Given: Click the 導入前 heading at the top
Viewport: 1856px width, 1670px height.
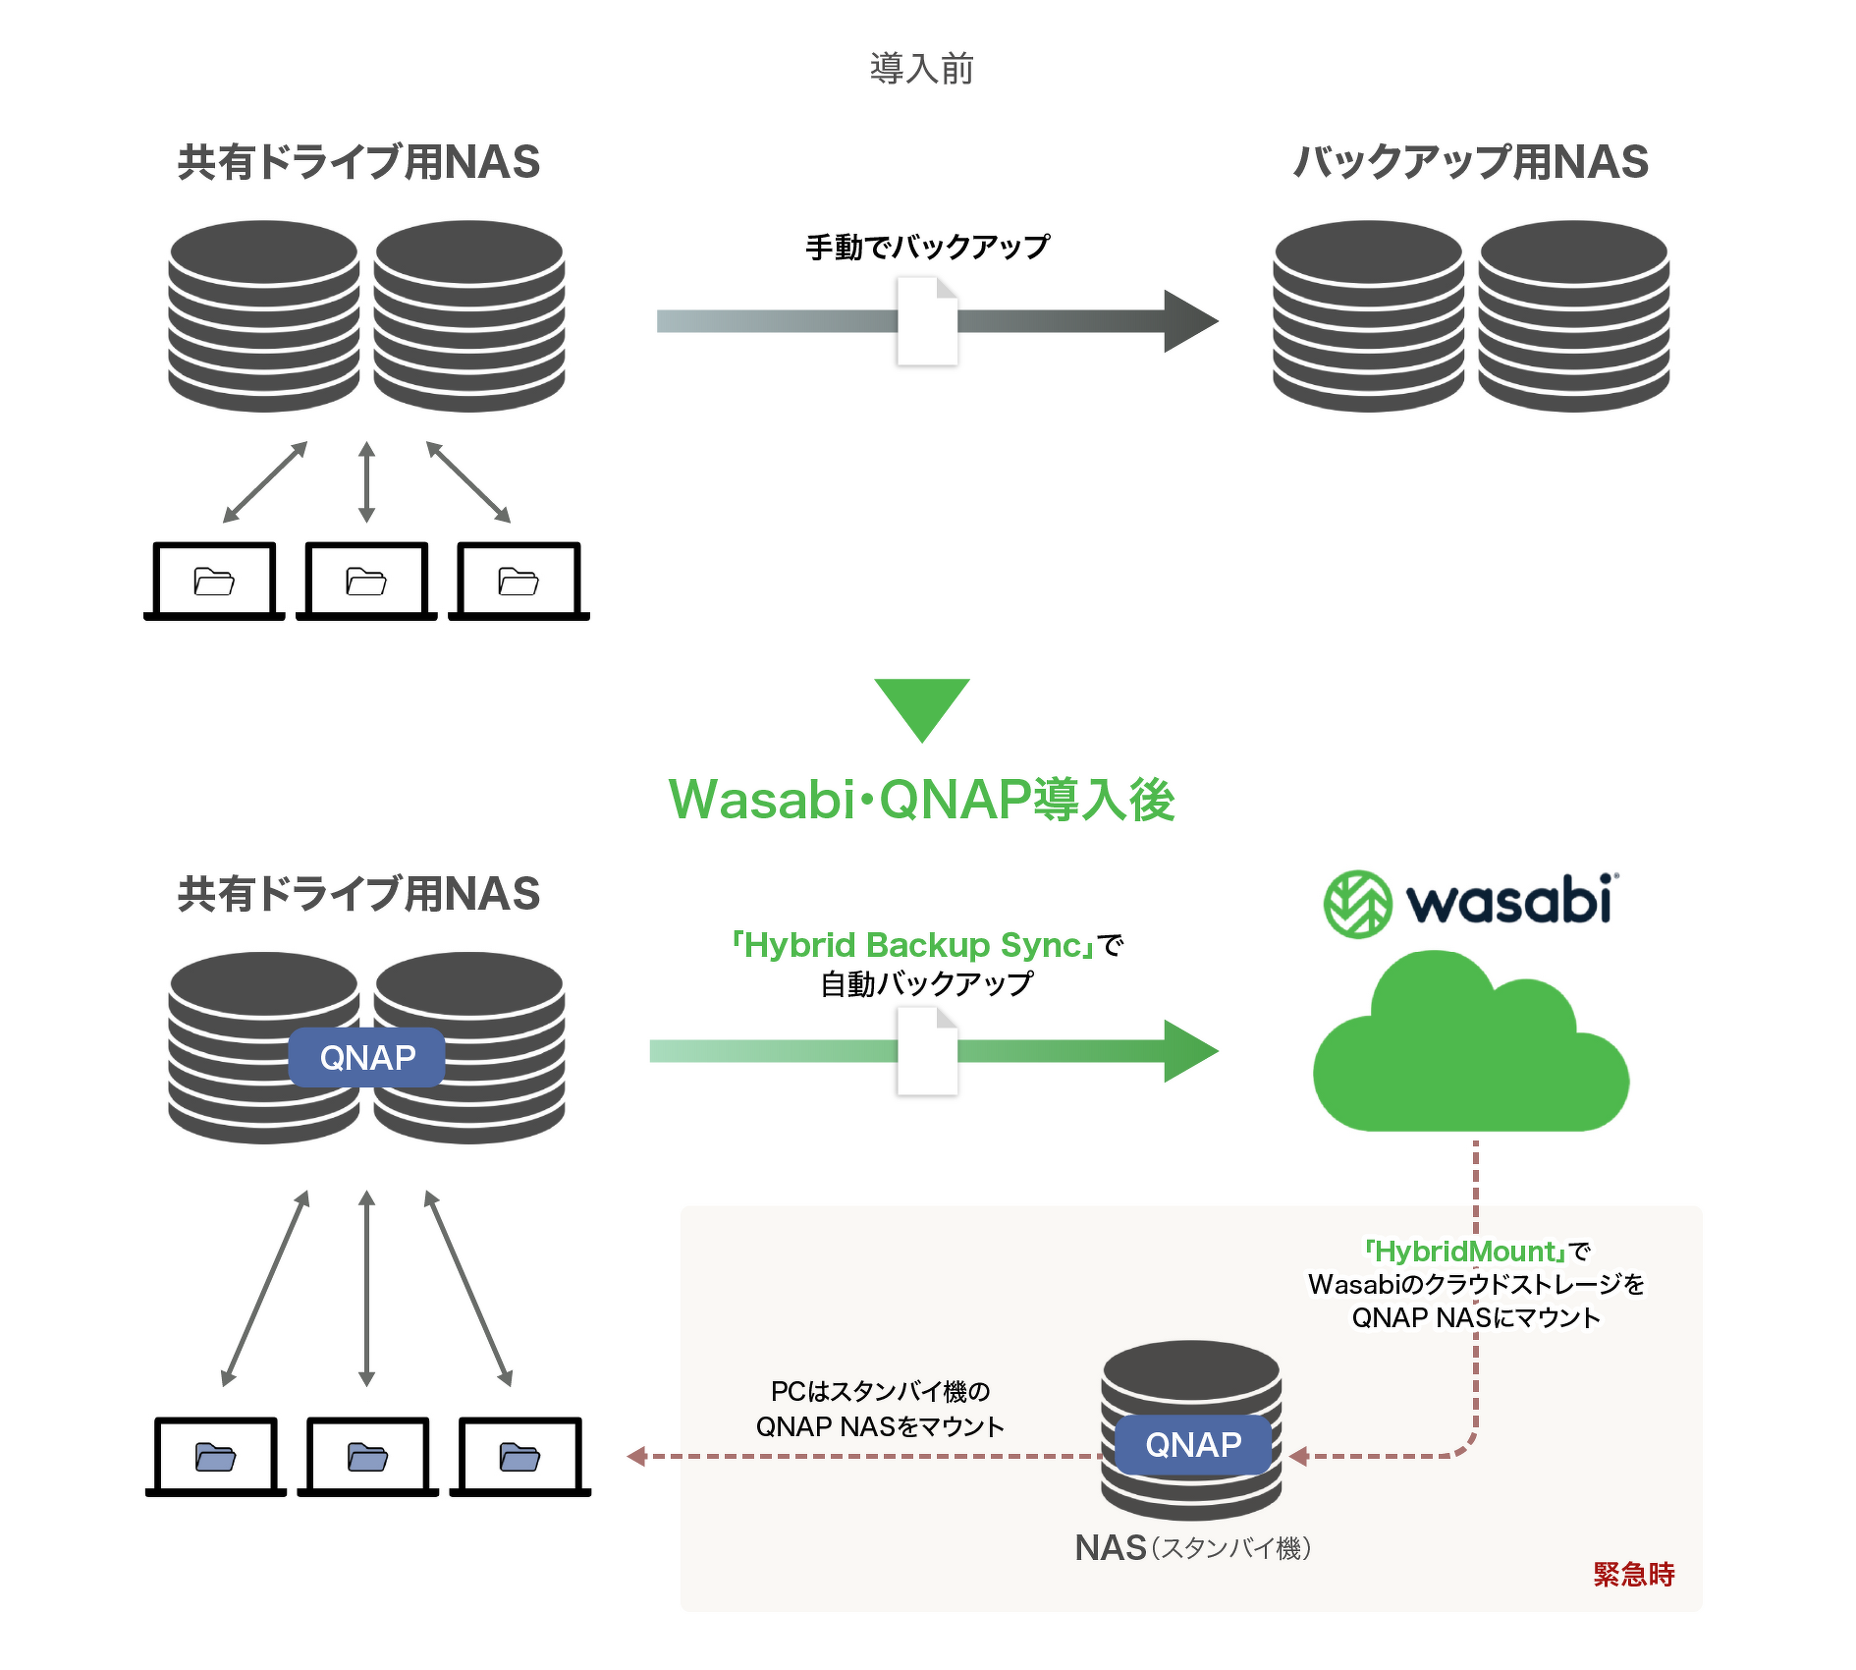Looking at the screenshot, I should point(921,69).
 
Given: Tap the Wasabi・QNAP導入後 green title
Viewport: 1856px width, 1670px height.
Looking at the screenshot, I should point(921,799).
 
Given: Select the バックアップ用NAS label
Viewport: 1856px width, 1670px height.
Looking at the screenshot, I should point(1470,162).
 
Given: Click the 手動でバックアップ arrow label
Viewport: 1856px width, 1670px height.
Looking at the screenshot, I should point(927,247).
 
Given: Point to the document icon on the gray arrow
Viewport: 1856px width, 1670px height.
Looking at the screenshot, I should point(927,321).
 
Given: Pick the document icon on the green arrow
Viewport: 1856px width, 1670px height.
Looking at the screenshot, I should point(927,1052).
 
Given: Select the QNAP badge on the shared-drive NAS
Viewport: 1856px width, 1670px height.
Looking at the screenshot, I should point(367,1058).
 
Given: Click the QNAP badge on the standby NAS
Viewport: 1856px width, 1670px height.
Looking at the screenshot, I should point(1193,1445).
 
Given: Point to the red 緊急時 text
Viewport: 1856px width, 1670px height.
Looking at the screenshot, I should point(1633,1575).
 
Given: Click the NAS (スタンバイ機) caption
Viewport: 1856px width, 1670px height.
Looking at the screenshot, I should point(1192,1548).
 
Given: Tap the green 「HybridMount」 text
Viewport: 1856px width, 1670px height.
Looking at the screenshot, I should point(1463,1252).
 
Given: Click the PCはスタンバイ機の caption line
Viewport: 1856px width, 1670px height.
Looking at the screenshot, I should point(880,1391).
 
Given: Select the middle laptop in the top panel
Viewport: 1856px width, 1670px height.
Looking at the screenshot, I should point(366,582).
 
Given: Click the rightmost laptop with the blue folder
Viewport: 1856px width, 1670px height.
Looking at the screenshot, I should point(519,1457).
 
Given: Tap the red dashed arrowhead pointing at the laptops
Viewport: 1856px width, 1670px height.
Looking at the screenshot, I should point(637,1456).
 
